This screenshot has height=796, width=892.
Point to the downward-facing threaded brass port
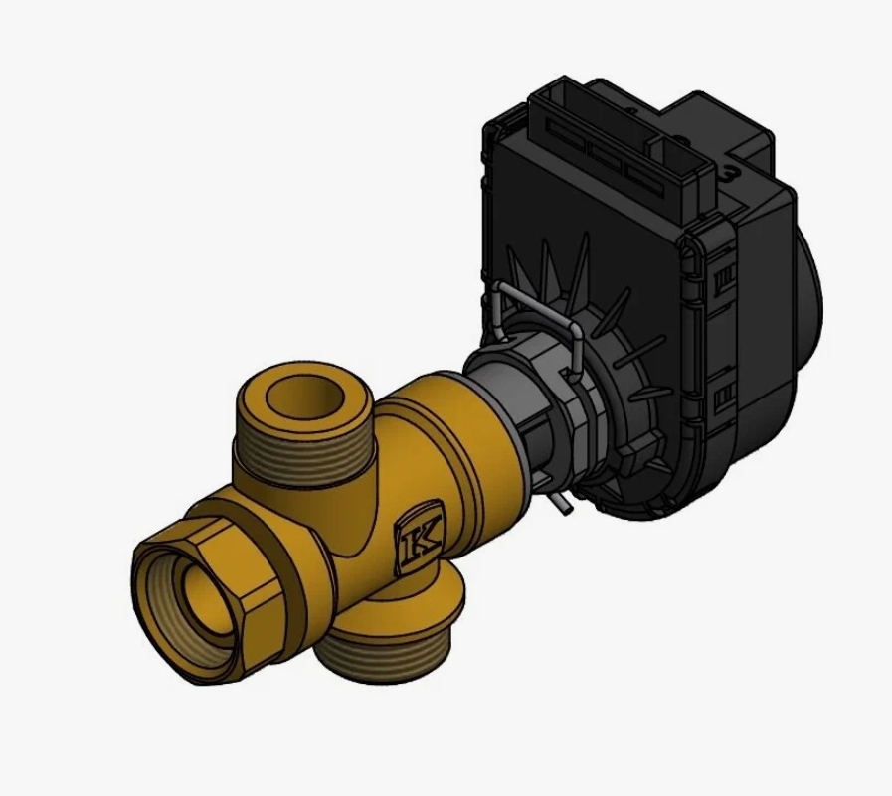point(387,637)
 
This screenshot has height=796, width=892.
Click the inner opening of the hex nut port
point(212,602)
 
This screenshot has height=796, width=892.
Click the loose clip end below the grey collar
point(560,502)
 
